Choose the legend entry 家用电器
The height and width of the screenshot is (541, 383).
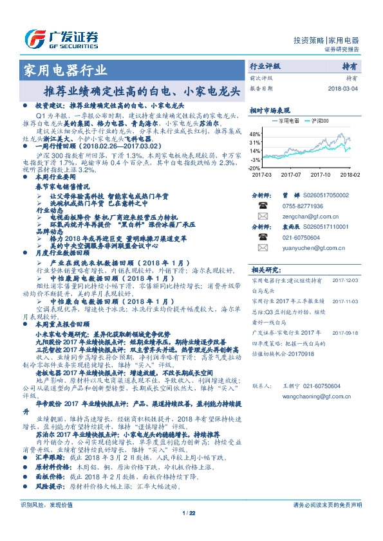coord(285,120)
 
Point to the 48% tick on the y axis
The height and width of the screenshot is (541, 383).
coord(256,134)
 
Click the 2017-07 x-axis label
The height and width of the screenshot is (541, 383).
coord(291,174)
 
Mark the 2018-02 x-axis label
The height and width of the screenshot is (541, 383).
coord(350,174)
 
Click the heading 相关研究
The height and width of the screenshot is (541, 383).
coord(262,269)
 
